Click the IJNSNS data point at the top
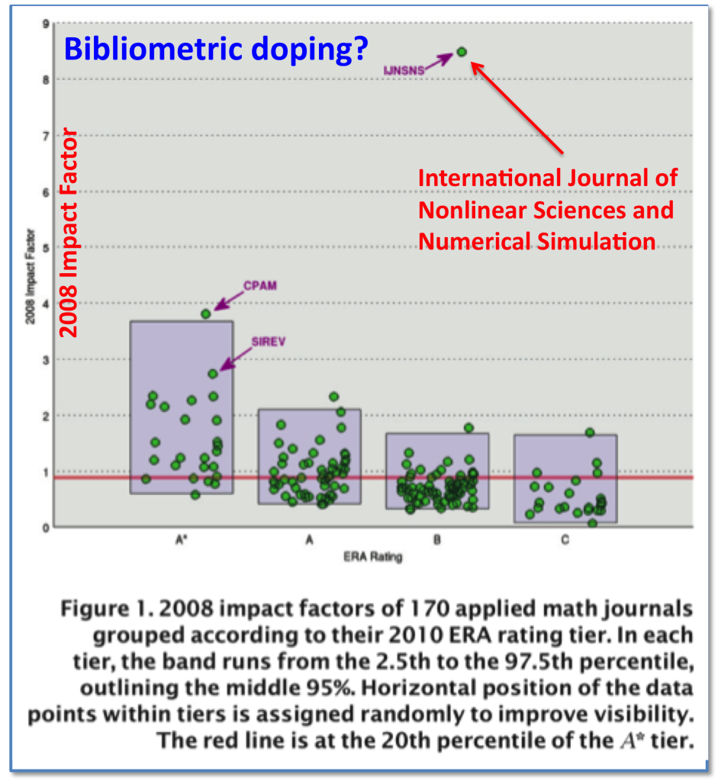coord(462,52)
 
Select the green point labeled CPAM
coord(205,313)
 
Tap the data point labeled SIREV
coord(213,374)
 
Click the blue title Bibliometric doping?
coord(216,48)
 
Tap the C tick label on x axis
coord(565,541)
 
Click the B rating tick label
coord(436,541)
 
